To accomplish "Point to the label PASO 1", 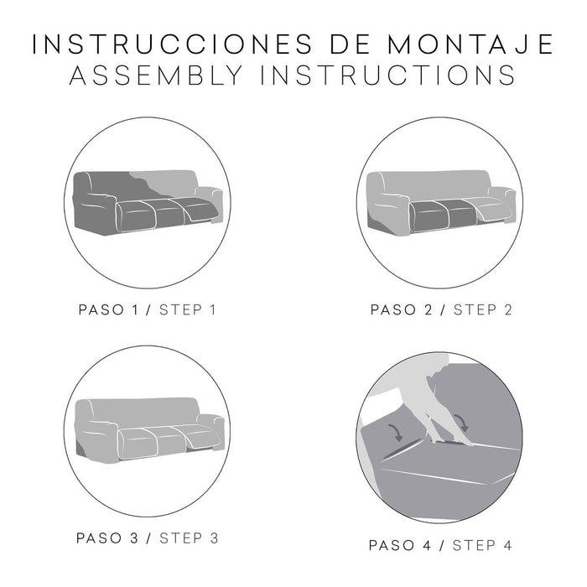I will (108, 309).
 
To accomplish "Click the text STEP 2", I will (482, 309).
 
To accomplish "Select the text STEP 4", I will (483, 545).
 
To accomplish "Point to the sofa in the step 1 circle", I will (148, 200).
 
